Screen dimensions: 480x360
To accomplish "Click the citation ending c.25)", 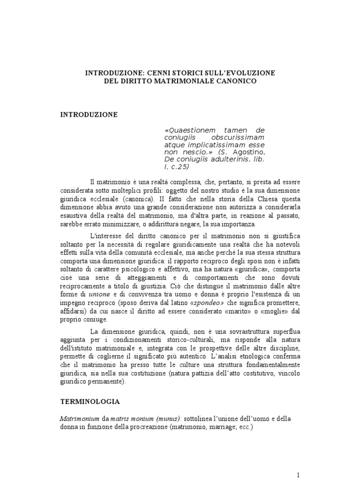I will tap(181, 167).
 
